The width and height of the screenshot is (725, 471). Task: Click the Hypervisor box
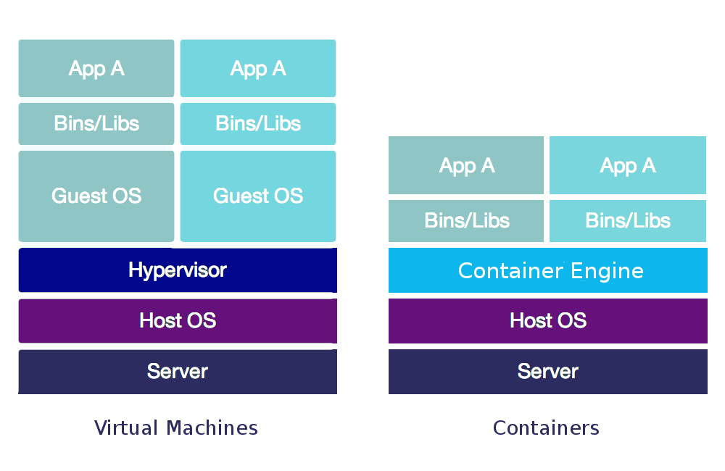pyautogui.click(x=178, y=270)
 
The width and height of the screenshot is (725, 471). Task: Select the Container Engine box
pyautogui.click(x=548, y=270)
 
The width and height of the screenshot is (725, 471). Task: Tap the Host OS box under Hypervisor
pyautogui.click(x=178, y=320)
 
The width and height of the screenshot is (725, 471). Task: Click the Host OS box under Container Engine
pyautogui.click(x=548, y=320)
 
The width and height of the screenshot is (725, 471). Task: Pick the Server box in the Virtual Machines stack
pyautogui.click(x=178, y=371)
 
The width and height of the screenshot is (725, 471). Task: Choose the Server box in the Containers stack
pyautogui.click(x=548, y=371)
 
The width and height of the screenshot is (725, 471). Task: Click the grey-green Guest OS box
pyautogui.click(x=96, y=196)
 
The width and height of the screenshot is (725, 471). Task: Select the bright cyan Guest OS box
pyautogui.click(x=258, y=196)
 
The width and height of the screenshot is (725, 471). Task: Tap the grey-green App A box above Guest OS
pyautogui.click(x=96, y=68)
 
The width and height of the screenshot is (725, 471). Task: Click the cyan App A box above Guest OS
pyautogui.click(x=258, y=68)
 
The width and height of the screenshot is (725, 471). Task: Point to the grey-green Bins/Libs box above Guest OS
pyautogui.click(x=96, y=123)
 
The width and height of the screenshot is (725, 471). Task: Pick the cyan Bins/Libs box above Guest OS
pyautogui.click(x=258, y=123)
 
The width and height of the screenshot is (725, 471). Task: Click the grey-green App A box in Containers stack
pyautogui.click(x=466, y=165)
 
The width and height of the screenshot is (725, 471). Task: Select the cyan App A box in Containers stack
pyautogui.click(x=628, y=165)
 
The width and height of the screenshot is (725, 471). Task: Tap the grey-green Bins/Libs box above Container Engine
pyautogui.click(x=466, y=220)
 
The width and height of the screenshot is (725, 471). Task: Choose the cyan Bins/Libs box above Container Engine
pyautogui.click(x=628, y=220)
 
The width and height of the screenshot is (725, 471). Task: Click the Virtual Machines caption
pyautogui.click(x=176, y=428)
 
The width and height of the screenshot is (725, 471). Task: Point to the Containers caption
pyautogui.click(x=546, y=428)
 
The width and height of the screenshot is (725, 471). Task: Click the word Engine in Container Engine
pyautogui.click(x=607, y=271)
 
